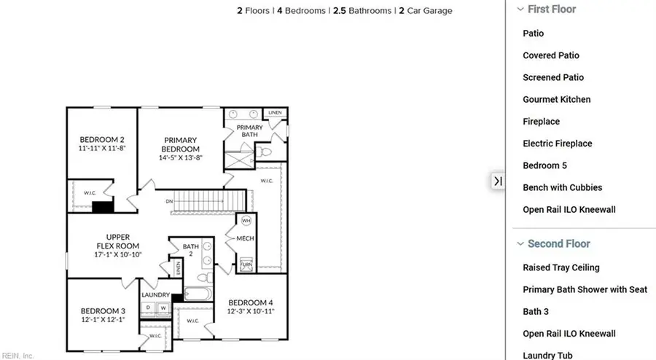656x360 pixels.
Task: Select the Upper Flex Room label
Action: pyautogui.click(x=108, y=245)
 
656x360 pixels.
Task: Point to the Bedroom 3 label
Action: pyautogui.click(x=102, y=316)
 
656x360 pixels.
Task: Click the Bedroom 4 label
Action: pyautogui.click(x=250, y=307)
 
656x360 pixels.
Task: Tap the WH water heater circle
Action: pyautogui.click(x=246, y=221)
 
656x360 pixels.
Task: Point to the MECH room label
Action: pyautogui.click(x=246, y=238)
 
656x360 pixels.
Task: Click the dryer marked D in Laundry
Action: pyautogui.click(x=149, y=308)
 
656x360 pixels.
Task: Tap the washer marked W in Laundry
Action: pyautogui.click(x=163, y=308)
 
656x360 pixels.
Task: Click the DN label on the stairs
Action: pyautogui.click(x=169, y=201)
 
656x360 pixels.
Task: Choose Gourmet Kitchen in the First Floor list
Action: pyautogui.click(x=557, y=99)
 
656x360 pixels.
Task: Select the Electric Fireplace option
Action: pyautogui.click(x=558, y=144)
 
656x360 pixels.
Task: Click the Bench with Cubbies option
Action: pyautogui.click(x=563, y=187)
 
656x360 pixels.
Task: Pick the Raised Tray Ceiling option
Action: pyautogui.click(x=561, y=267)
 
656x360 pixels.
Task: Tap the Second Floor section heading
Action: pyautogui.click(x=559, y=243)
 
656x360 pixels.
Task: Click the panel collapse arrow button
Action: pyautogui.click(x=498, y=181)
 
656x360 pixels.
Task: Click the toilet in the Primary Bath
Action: pyautogui.click(x=265, y=152)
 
